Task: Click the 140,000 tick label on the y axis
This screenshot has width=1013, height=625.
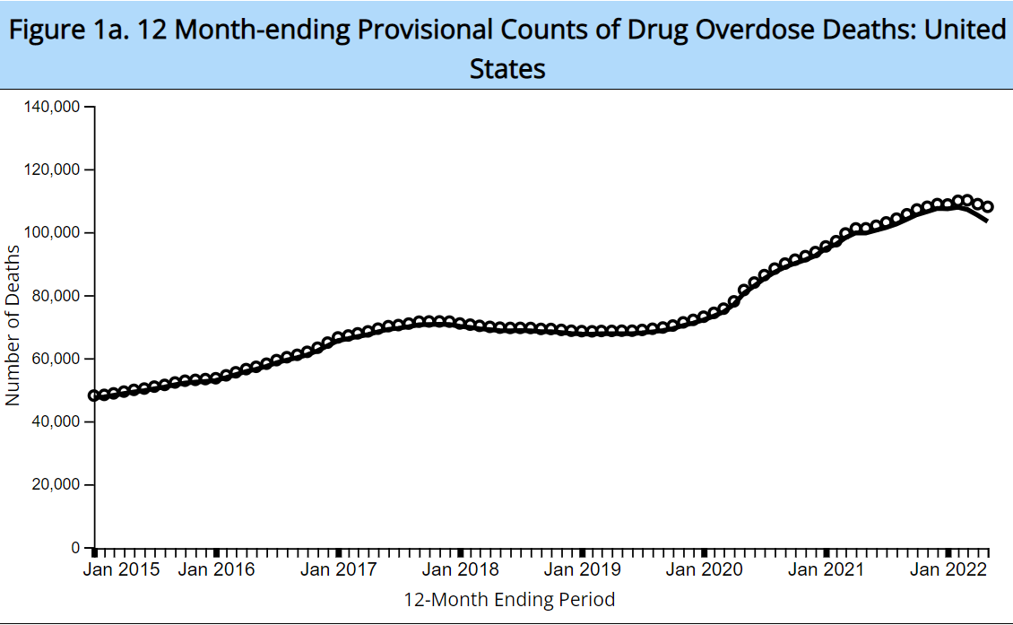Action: [x=54, y=108]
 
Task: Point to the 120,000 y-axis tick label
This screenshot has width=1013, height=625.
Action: [x=54, y=170]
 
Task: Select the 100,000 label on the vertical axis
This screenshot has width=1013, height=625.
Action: [x=54, y=233]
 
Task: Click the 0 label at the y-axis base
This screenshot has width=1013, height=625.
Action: [x=76, y=548]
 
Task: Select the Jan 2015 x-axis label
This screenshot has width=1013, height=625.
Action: [x=122, y=569]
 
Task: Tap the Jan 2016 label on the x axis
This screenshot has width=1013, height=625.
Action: [x=217, y=569]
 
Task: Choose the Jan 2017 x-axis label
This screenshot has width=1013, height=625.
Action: [x=339, y=569]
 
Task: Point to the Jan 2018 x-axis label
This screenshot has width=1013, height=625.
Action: [x=461, y=569]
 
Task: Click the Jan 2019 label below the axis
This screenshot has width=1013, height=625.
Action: [x=583, y=569]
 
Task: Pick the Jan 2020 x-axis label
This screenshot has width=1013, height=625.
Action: [x=705, y=569]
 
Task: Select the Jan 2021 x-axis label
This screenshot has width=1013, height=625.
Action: [x=826, y=569]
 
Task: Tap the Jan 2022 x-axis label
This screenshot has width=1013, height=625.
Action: [x=948, y=569]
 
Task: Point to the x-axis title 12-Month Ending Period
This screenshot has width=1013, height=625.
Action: [x=510, y=599]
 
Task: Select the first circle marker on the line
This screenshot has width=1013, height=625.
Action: [x=93, y=395]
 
